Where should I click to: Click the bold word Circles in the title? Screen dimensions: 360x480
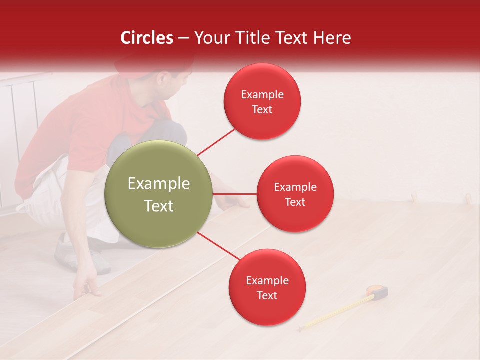click(147, 38)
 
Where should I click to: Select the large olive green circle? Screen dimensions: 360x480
click(158, 194)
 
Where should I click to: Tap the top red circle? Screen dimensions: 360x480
click(262, 102)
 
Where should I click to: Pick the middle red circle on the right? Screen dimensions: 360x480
click(295, 194)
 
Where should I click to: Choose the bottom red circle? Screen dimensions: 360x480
click(267, 288)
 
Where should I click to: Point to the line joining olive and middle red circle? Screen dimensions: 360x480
click(234, 194)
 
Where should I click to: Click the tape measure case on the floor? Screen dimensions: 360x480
click(378, 292)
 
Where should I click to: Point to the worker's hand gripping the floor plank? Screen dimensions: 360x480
click(88, 287)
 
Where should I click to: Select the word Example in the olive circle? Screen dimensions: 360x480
click(158, 184)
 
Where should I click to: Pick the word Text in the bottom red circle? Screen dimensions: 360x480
click(267, 295)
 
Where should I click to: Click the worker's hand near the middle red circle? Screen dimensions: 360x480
click(237, 201)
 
